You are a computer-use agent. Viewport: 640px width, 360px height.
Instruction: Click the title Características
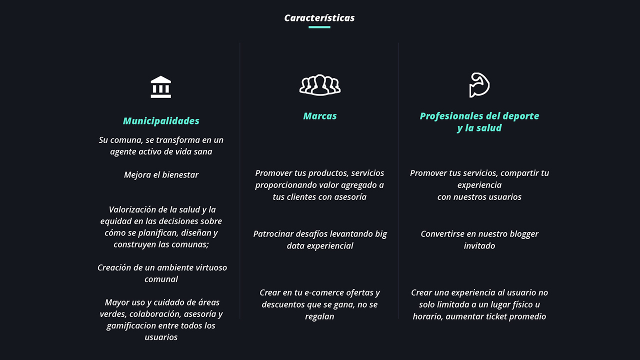(x=319, y=18)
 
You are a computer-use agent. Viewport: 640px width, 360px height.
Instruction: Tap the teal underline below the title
(x=319, y=27)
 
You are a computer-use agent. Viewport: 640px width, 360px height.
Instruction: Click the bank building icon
(x=161, y=86)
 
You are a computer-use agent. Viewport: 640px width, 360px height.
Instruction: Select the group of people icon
(x=319, y=85)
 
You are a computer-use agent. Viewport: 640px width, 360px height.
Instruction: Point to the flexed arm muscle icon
(x=479, y=85)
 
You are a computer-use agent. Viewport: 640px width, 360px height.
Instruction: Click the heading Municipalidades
(x=161, y=121)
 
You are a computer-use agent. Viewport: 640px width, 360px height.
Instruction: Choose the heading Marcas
(x=319, y=116)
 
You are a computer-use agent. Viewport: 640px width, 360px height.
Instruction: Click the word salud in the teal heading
(x=488, y=127)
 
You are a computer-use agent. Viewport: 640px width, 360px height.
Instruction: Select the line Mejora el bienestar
(x=161, y=174)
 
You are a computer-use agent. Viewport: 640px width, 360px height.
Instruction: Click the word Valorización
(x=134, y=209)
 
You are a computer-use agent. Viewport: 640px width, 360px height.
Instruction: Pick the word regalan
(x=319, y=316)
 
